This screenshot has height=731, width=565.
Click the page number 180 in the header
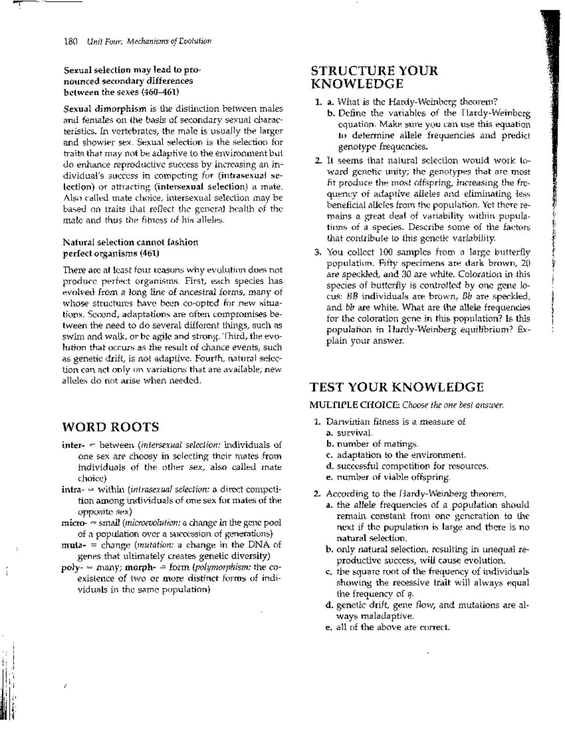[70, 41]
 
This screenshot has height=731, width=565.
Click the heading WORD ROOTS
[111, 427]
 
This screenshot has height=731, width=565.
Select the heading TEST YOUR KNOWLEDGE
[396, 387]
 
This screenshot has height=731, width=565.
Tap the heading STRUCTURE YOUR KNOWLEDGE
[374, 77]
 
